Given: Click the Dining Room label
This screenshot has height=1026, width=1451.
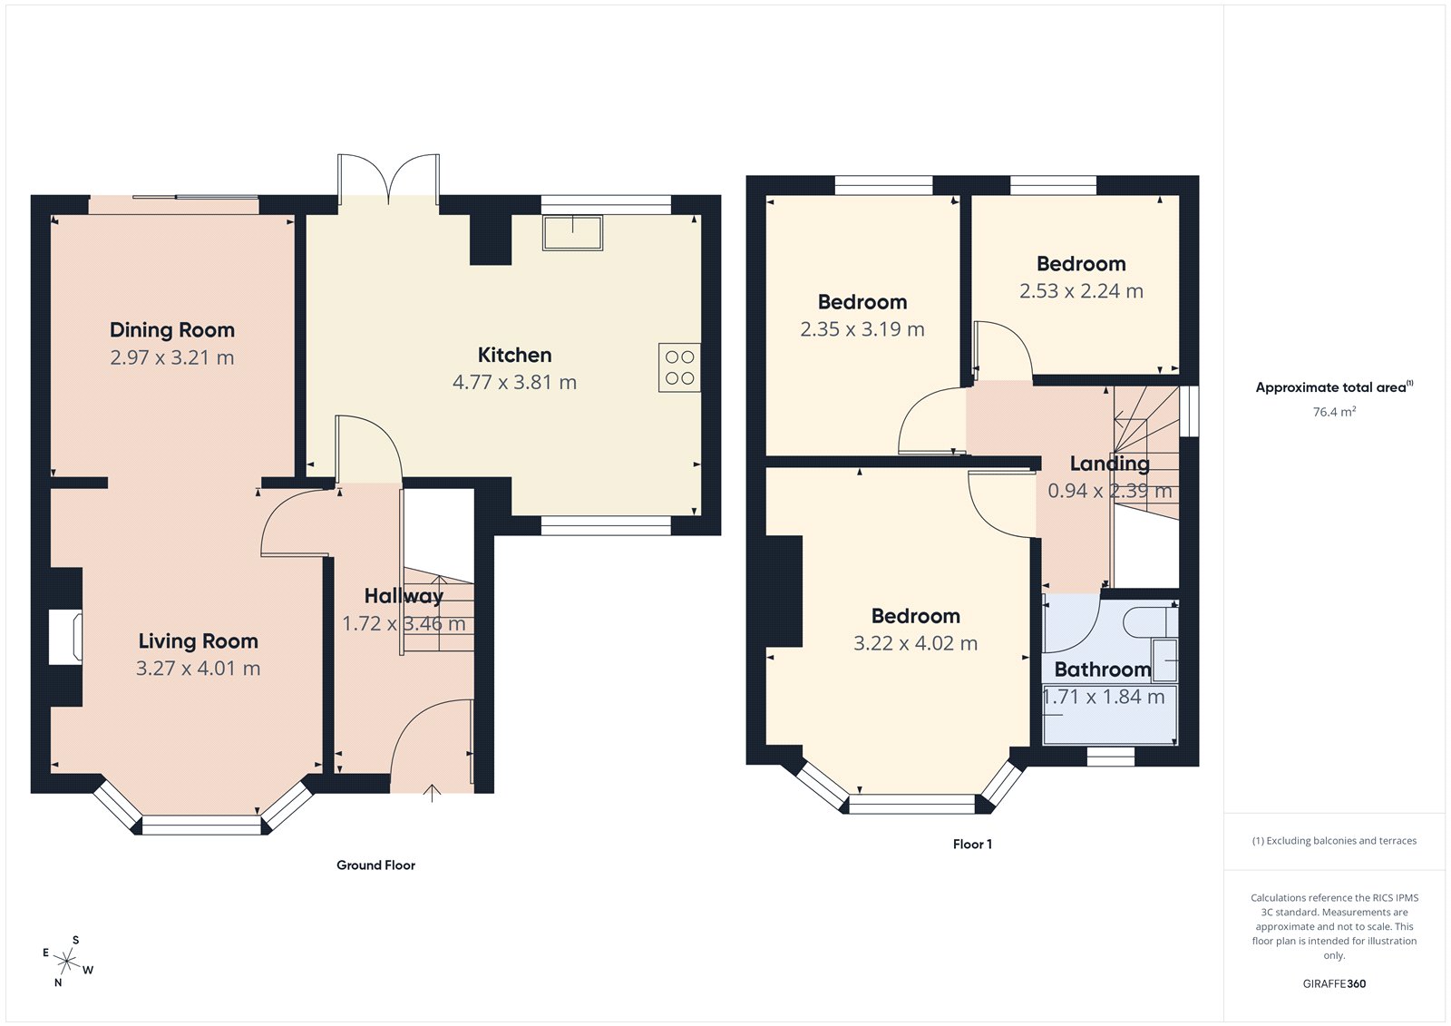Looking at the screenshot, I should point(172,330).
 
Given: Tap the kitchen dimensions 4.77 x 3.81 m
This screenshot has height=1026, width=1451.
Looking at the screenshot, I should point(514,382).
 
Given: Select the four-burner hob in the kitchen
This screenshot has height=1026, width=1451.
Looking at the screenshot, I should point(679,367).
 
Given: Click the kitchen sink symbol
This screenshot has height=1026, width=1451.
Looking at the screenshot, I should point(572,232).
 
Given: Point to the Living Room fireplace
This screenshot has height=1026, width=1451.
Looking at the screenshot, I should point(66,639).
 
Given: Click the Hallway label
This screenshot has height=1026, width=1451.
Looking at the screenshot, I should point(404,596).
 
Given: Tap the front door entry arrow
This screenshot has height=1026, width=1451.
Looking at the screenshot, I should point(433,793).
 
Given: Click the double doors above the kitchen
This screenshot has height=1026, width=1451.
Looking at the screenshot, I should point(388,179).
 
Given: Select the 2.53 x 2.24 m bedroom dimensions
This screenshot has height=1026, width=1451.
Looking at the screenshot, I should point(1081,291).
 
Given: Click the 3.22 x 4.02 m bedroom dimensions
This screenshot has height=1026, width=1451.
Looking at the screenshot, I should point(915,643).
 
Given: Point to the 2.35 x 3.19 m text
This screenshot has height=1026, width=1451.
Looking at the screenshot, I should point(862,329).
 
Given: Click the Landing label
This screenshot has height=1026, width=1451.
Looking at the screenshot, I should point(1109,464).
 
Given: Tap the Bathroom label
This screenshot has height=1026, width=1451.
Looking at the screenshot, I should point(1102,669).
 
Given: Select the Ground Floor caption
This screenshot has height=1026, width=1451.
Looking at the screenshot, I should point(375,865).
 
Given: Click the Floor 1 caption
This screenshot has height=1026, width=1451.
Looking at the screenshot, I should point(972,845).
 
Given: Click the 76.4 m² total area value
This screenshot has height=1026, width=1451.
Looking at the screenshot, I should point(1334,412).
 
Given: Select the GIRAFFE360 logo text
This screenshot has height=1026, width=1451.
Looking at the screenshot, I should point(1334,983).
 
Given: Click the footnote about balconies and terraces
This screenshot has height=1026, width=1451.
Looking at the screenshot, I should point(1334,841).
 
